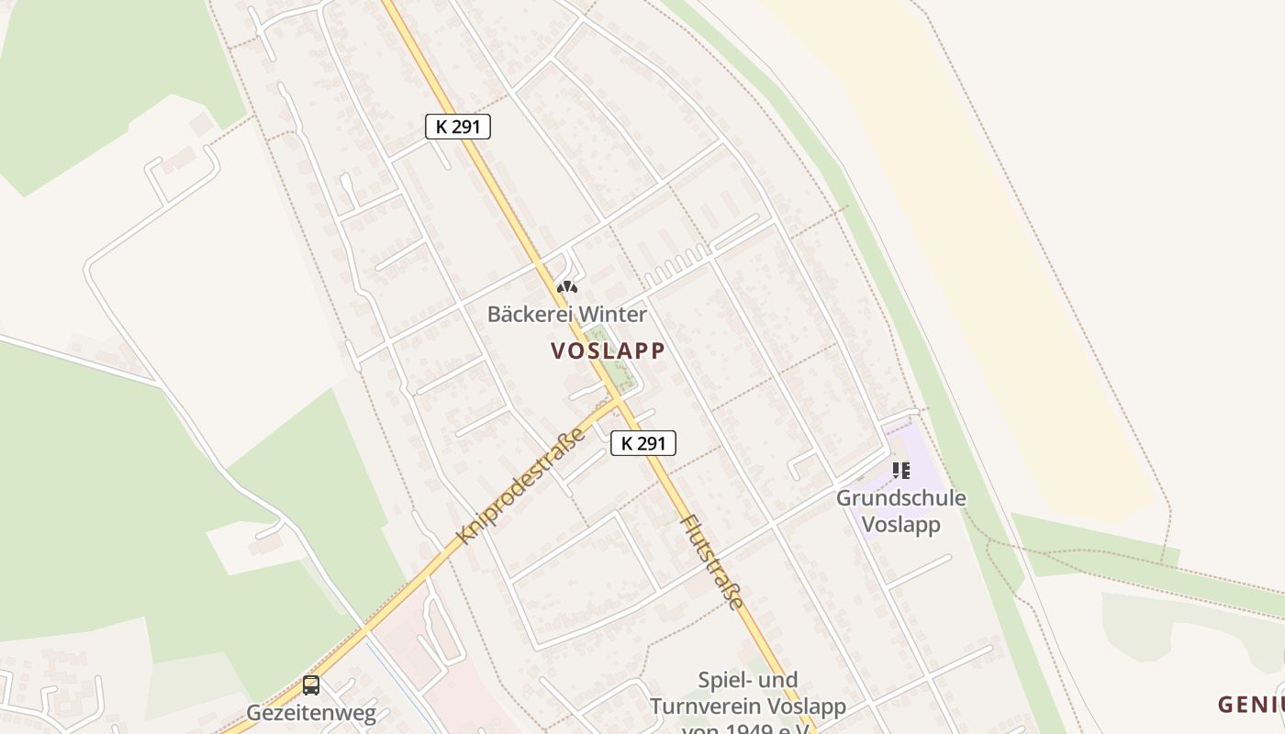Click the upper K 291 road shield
(458, 127)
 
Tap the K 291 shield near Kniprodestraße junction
(643, 443)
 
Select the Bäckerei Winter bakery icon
(567, 287)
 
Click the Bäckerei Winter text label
(566, 315)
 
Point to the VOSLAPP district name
(608, 350)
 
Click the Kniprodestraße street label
(520, 485)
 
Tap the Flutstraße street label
(710, 562)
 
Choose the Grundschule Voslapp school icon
(901, 471)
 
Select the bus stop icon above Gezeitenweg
(311, 684)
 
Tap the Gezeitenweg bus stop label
(311, 713)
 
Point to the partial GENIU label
(1250, 705)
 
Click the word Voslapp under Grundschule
(900, 526)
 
